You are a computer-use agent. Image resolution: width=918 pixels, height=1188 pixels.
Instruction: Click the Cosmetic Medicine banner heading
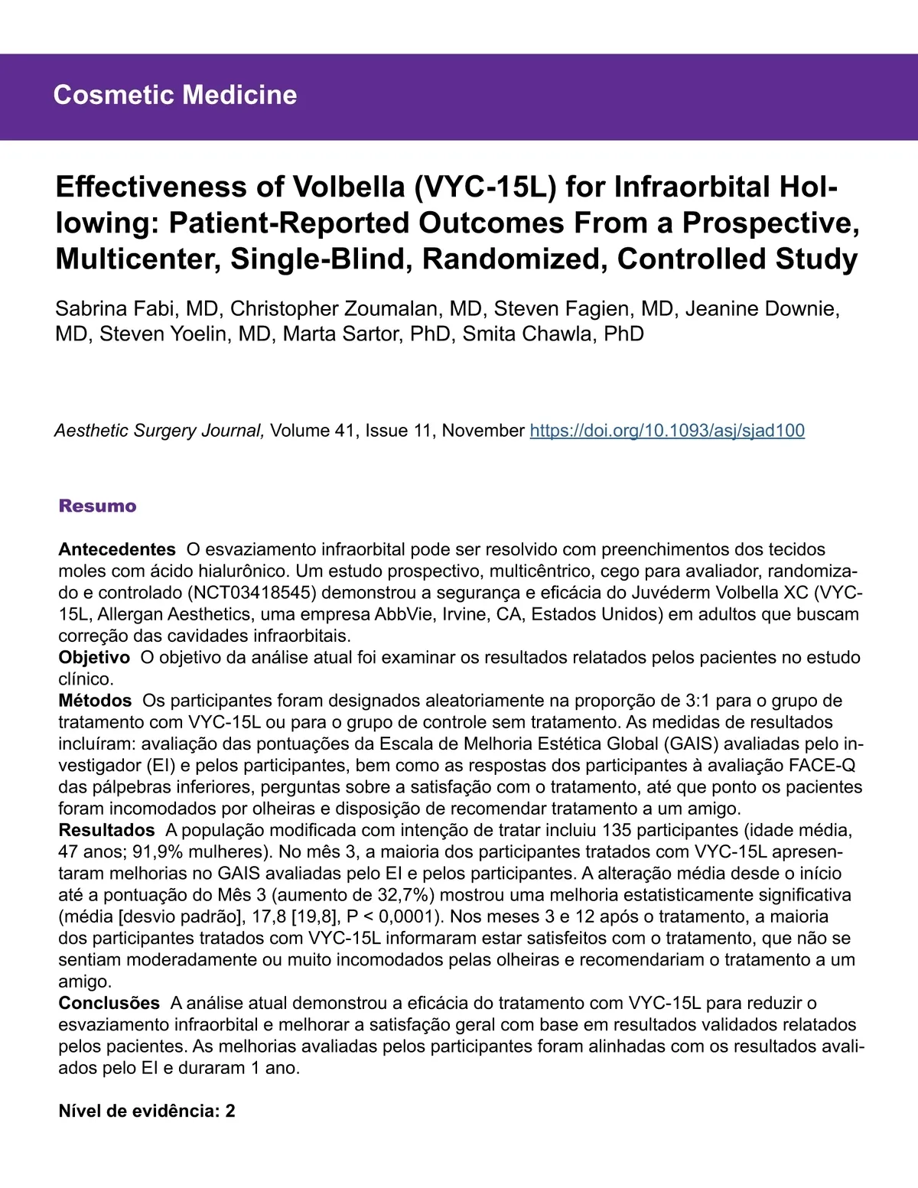pyautogui.click(x=175, y=95)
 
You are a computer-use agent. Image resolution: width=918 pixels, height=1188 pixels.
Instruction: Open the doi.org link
pyautogui.click(x=667, y=431)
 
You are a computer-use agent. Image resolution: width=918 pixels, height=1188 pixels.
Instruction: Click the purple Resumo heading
pyautogui.click(x=97, y=506)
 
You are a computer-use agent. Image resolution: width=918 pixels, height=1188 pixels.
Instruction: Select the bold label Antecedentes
pyautogui.click(x=117, y=549)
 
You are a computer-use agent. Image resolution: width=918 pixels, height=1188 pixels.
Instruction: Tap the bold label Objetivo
pyautogui.click(x=94, y=657)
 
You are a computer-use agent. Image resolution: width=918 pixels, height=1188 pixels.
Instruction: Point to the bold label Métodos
pyautogui.click(x=95, y=700)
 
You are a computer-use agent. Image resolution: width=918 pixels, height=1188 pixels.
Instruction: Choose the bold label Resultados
pyautogui.click(x=106, y=830)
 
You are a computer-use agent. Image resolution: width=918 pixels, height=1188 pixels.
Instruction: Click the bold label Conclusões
pyautogui.click(x=109, y=1003)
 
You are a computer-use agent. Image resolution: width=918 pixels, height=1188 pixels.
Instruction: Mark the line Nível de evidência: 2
pyautogui.click(x=147, y=1111)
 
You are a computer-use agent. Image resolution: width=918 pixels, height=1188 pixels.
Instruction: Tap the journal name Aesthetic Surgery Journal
pyautogui.click(x=159, y=431)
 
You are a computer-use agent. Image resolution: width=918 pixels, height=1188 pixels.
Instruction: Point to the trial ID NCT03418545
pyautogui.click(x=252, y=593)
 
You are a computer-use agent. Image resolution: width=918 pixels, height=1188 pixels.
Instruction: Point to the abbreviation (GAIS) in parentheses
pyautogui.click(x=692, y=744)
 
